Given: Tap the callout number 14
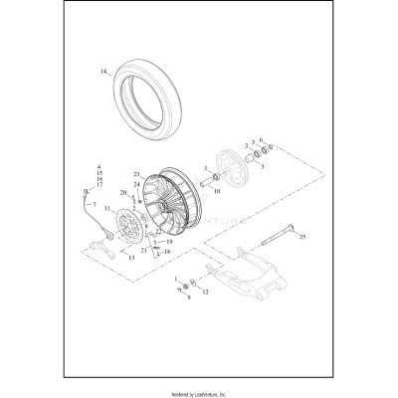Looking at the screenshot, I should point(101,72).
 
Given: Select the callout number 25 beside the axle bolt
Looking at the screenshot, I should point(302,238).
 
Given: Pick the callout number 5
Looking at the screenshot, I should point(262,168).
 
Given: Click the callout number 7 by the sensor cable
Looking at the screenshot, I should point(96,204).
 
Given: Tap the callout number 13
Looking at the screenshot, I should point(127,257).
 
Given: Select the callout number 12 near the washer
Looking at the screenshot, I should point(207,292).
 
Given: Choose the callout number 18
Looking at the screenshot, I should point(167,253).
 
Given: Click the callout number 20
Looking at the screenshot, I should point(123,192).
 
